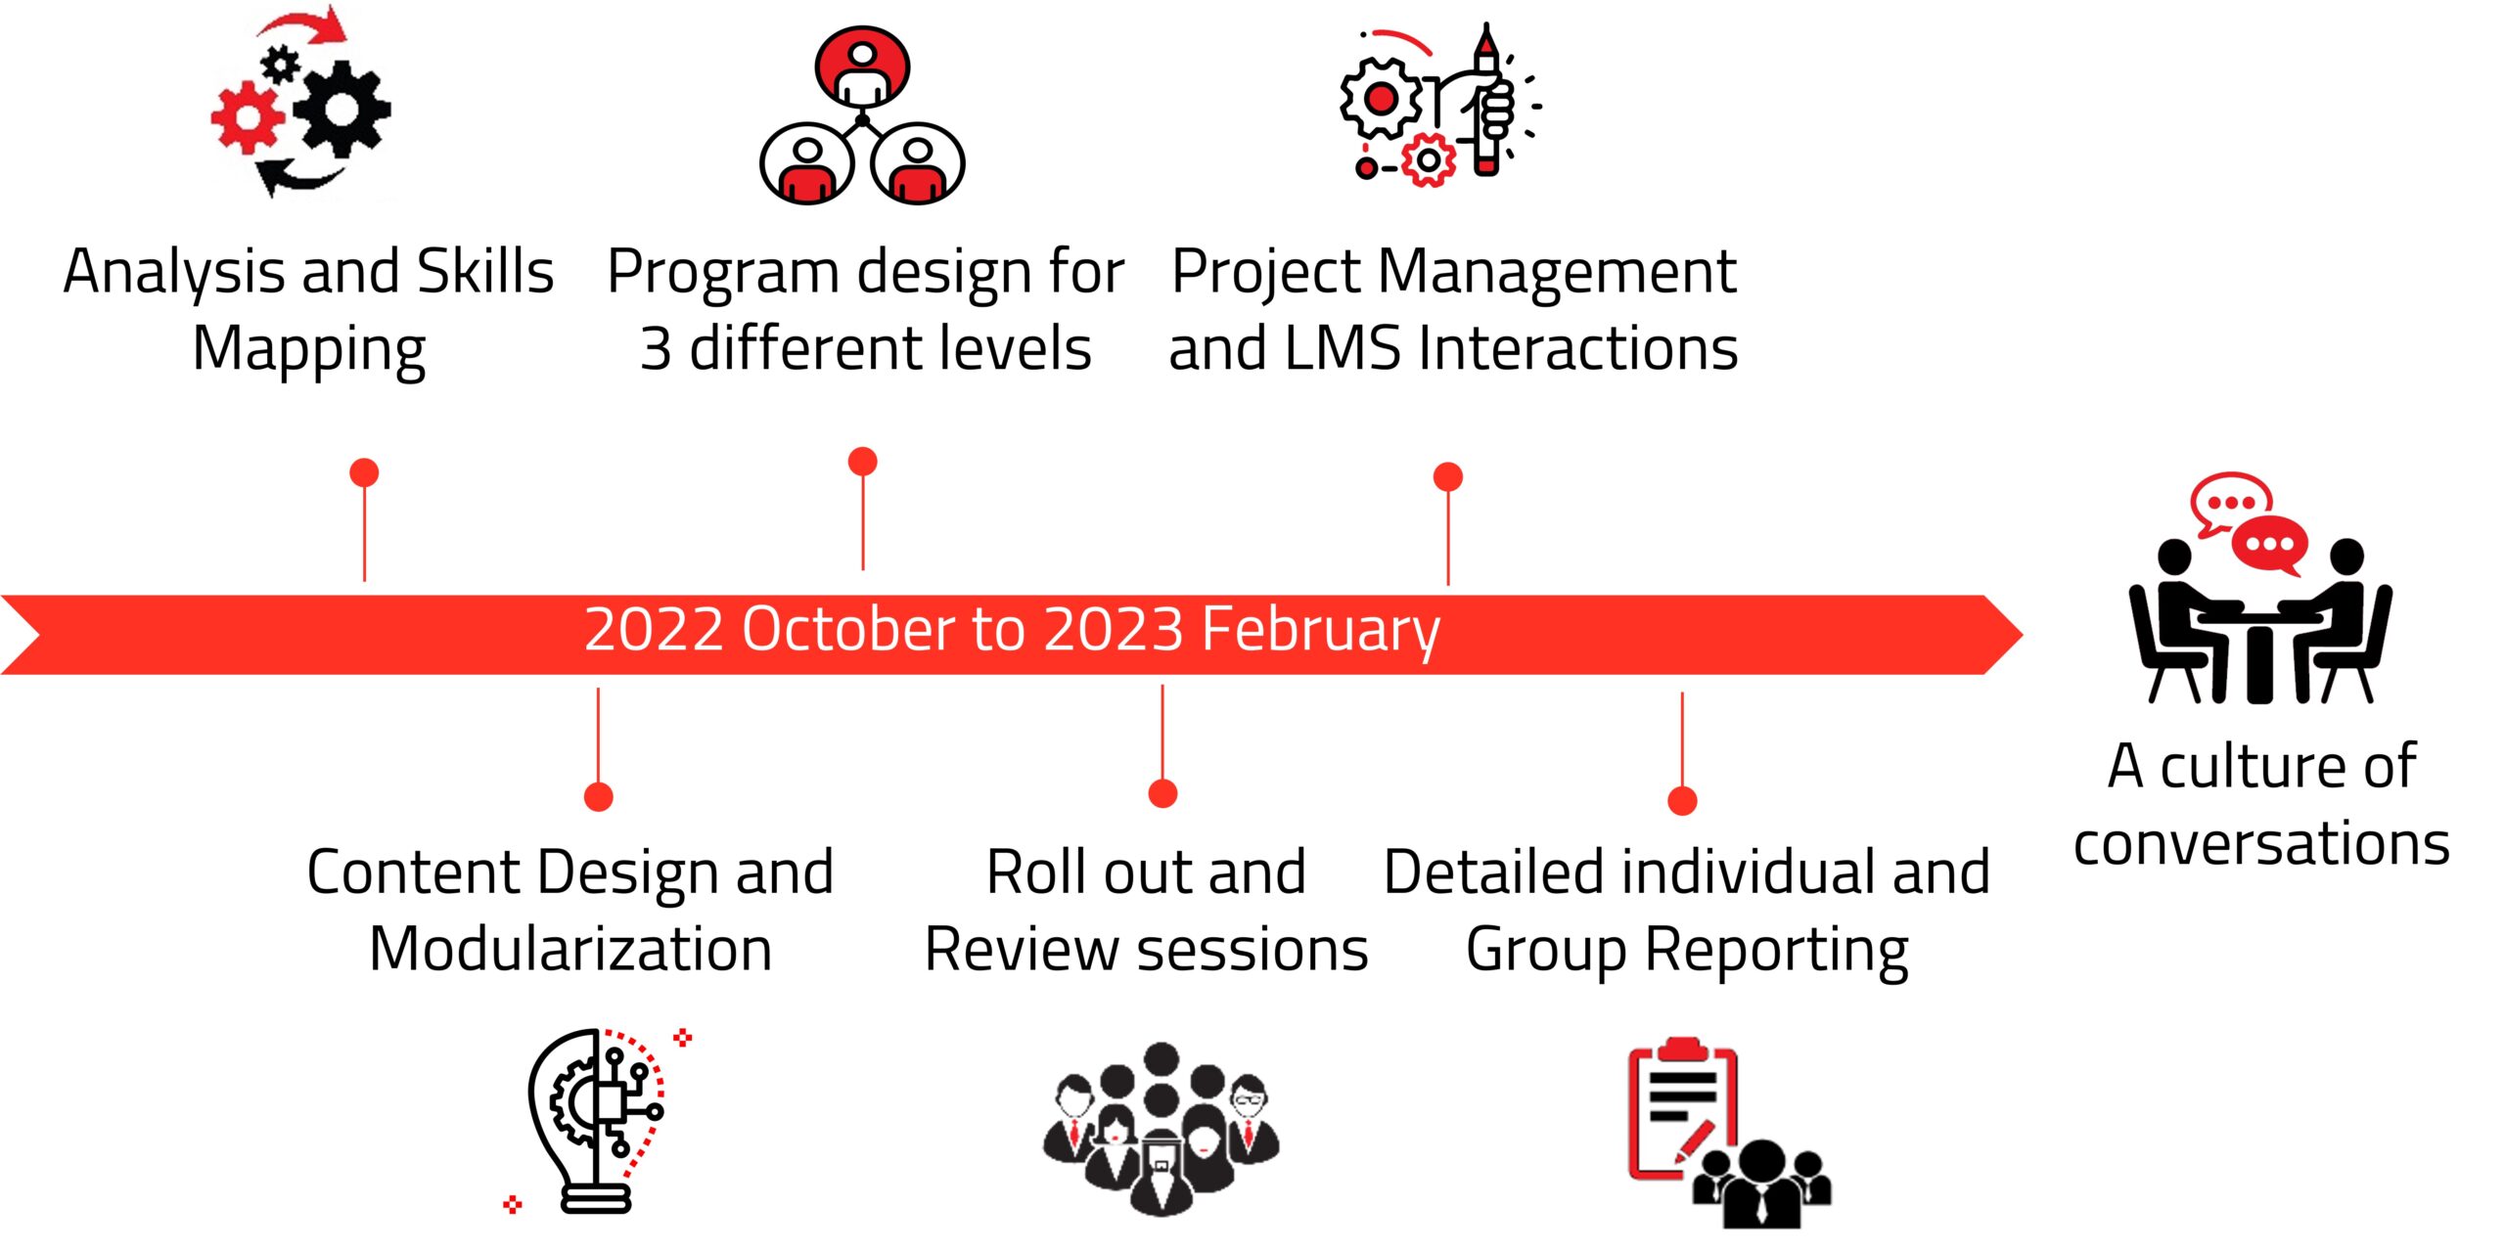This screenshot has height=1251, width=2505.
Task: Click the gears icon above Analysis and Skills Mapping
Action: coord(301,102)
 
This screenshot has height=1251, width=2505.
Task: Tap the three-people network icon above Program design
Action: coord(862,115)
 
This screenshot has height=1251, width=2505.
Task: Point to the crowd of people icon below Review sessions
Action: coord(1161,1129)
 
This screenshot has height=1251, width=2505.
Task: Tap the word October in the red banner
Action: coord(847,629)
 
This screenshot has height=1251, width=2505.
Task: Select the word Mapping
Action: coord(309,350)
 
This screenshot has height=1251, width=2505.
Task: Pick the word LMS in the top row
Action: coord(1343,348)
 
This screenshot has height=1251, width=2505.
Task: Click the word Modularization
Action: coord(570,949)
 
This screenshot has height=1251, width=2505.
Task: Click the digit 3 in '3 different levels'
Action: coord(656,349)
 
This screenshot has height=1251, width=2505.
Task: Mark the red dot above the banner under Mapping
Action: coord(364,472)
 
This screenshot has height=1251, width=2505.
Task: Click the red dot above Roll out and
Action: coord(1162,793)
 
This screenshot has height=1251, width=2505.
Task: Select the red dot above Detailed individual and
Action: coord(1682,801)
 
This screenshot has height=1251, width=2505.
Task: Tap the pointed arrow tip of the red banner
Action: coord(2022,635)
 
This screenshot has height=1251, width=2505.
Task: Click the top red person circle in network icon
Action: coord(862,65)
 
